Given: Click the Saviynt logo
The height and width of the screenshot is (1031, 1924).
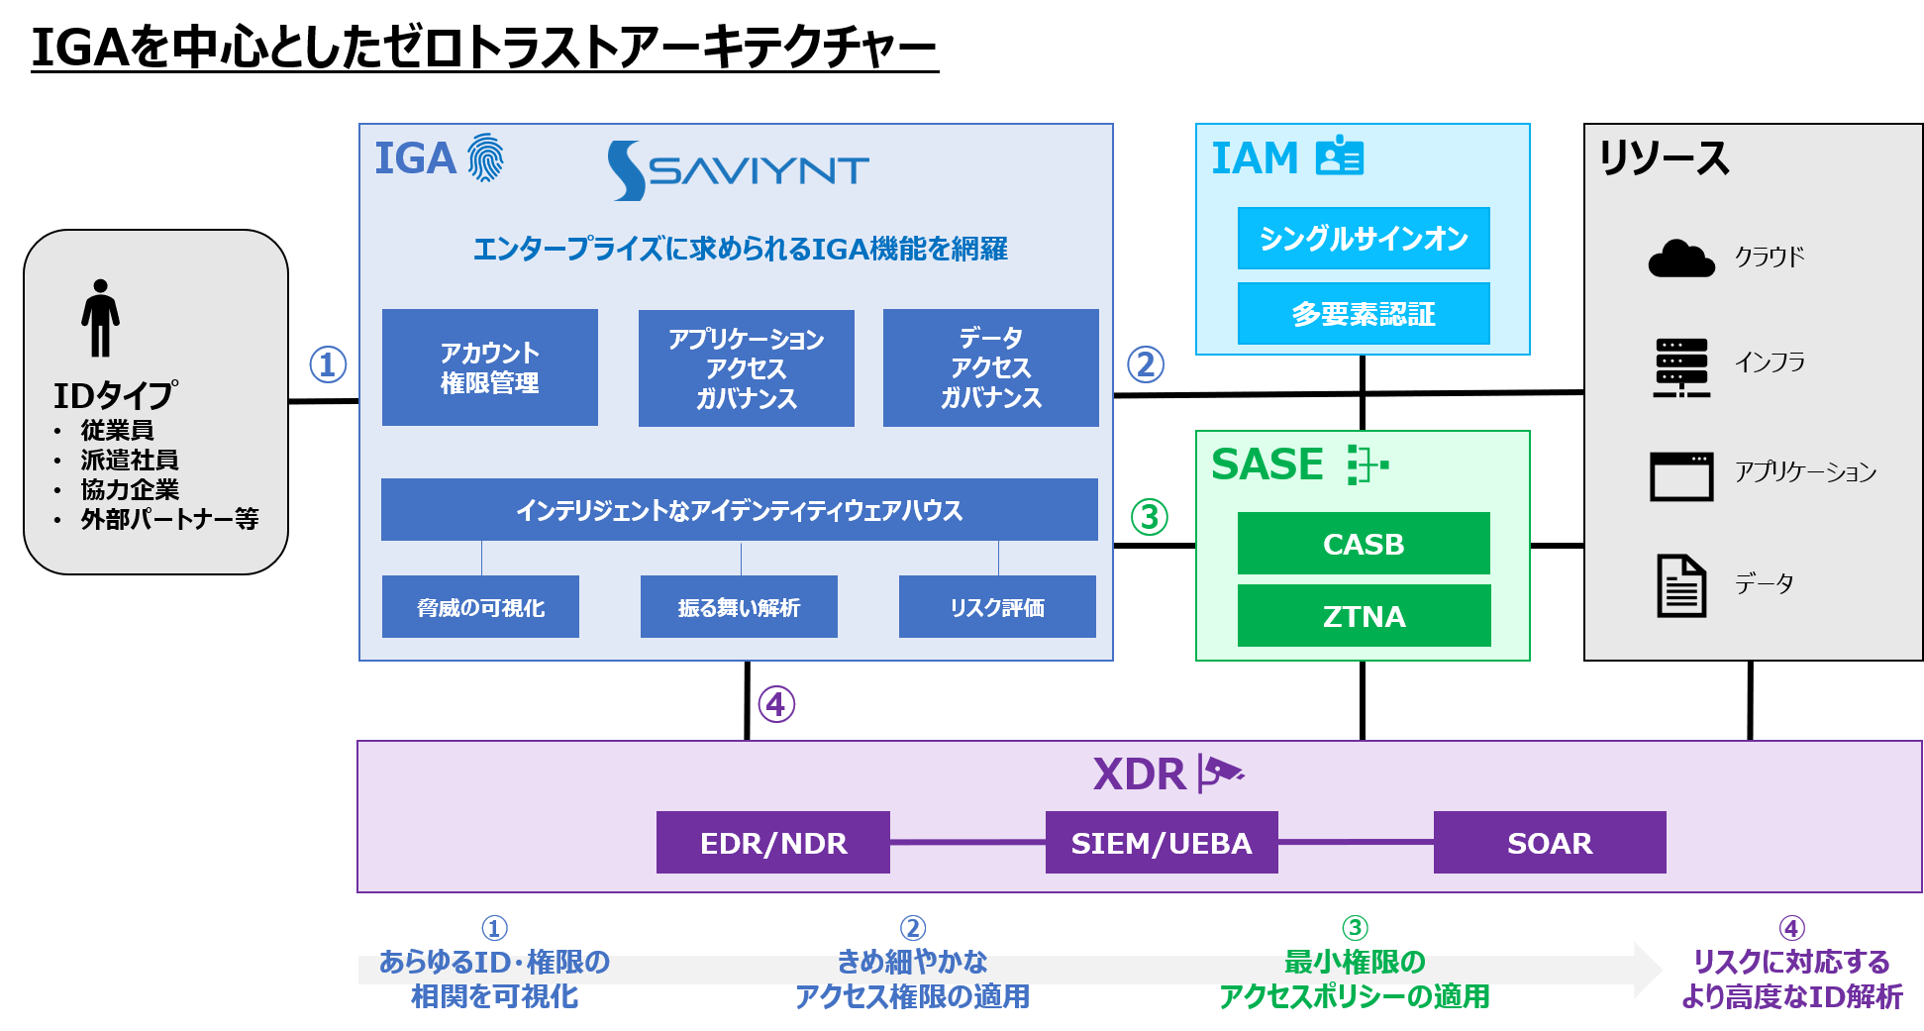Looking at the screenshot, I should [x=738, y=170].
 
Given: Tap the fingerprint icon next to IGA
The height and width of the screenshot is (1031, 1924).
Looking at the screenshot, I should [x=485, y=158].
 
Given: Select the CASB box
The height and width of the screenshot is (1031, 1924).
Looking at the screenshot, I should [x=1364, y=544].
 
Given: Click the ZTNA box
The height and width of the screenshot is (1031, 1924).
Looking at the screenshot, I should [x=1364, y=616].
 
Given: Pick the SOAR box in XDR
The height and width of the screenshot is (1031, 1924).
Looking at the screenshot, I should [x=1549, y=843].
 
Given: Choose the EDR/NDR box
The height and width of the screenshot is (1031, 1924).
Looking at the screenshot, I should [x=772, y=843].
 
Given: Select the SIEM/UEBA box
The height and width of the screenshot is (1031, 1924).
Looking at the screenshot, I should [x=1161, y=843].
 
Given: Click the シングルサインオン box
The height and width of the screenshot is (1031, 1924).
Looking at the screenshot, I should [x=1364, y=239].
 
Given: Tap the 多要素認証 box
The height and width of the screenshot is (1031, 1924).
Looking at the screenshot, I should [x=1364, y=314].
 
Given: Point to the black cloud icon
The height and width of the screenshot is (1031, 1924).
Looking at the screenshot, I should [x=1680, y=258].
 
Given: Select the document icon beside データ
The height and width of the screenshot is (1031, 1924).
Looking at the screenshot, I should [x=1680, y=585].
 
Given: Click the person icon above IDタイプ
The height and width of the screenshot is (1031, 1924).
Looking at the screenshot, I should [x=100, y=318].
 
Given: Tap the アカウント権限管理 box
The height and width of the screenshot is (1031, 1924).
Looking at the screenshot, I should [x=489, y=367].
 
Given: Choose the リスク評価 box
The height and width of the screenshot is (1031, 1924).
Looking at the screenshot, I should [x=996, y=607].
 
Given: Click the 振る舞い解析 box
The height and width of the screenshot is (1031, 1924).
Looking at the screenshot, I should [x=739, y=607].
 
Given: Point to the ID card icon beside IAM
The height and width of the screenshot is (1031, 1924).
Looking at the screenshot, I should [x=1340, y=156].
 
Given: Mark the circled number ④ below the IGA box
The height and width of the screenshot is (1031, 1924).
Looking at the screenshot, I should [x=776, y=704].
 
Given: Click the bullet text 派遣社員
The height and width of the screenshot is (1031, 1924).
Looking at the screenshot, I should [x=130, y=460].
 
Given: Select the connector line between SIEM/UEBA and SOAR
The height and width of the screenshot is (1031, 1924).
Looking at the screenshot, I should [x=1355, y=843].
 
